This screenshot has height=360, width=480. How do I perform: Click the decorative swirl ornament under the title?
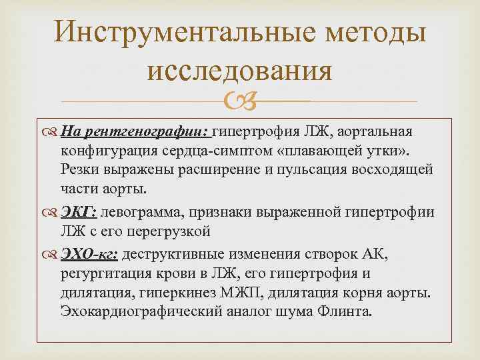(x=239, y=102)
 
